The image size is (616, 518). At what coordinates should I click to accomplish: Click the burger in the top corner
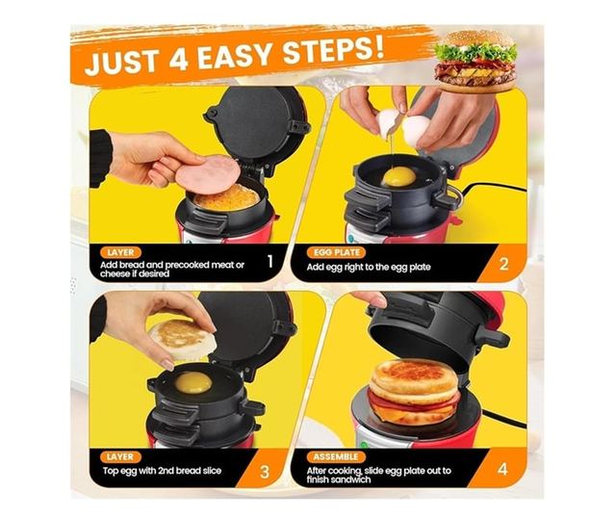tap(475, 62)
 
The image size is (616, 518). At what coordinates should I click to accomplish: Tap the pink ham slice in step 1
tap(208, 173)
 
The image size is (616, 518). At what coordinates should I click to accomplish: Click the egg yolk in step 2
tap(398, 176)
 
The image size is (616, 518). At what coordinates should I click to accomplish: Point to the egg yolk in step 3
tap(193, 382)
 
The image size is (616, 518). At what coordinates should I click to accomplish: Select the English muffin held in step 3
tap(183, 339)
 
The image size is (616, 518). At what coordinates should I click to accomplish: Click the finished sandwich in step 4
tap(414, 393)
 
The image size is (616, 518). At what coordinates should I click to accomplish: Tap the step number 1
tap(270, 261)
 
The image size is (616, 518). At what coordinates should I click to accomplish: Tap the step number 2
tap(503, 265)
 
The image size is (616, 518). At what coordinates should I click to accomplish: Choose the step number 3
tap(265, 472)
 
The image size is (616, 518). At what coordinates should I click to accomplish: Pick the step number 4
tap(502, 469)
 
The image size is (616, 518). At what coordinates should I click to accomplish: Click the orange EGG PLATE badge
tap(336, 252)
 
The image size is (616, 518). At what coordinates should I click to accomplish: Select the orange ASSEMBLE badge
tap(336, 457)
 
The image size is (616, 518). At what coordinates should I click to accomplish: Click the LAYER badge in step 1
tap(120, 252)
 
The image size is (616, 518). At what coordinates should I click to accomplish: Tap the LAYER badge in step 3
tap(119, 457)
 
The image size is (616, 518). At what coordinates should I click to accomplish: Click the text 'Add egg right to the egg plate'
tap(369, 268)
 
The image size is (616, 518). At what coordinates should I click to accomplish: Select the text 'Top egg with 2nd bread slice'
tap(162, 471)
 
